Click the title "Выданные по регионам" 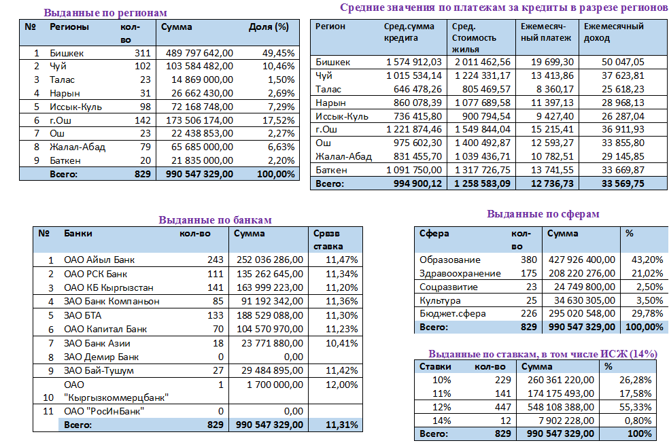(x=105, y=12)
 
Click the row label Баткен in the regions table (x=65, y=160)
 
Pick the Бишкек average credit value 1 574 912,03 (x=413, y=62)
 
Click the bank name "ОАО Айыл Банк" (x=99, y=260)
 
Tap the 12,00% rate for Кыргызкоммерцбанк (x=341, y=385)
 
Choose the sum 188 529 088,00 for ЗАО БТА (x=269, y=315)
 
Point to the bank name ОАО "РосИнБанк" (x=105, y=410)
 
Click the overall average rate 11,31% (x=341, y=425)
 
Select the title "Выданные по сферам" (x=543, y=214)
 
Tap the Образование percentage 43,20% (x=644, y=260)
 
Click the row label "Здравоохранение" (x=460, y=273)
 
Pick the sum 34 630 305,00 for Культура (x=581, y=300)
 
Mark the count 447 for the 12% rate (x=501, y=406)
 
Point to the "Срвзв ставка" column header (x=328, y=240)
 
